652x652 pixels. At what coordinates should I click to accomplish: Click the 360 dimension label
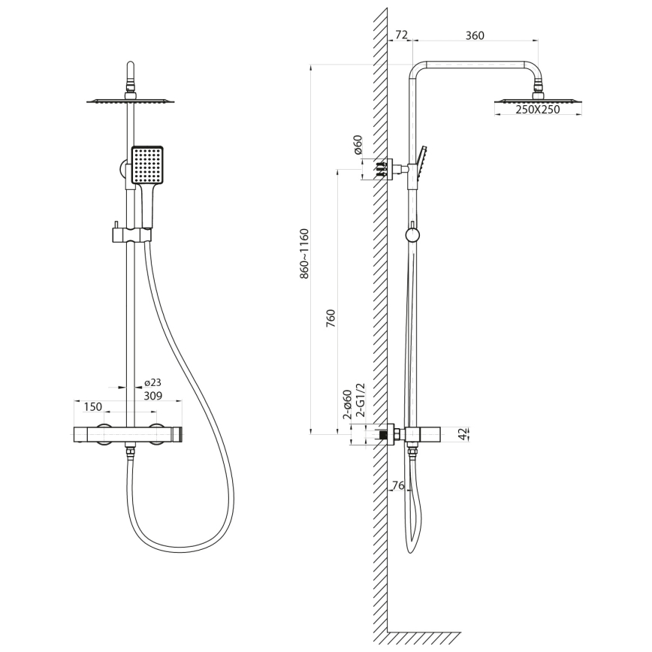click(475, 35)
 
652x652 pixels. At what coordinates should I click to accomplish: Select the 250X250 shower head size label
click(538, 110)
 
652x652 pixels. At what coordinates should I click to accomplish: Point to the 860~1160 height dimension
click(304, 253)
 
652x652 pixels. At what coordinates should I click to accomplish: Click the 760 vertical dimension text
click(331, 318)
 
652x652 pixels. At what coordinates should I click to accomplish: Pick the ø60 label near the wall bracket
click(358, 145)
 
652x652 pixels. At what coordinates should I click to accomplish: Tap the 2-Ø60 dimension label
click(347, 404)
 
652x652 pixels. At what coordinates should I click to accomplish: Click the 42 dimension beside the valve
click(464, 433)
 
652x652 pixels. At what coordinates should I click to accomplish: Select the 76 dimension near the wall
click(397, 485)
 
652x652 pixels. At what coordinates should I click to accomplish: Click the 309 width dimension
click(152, 395)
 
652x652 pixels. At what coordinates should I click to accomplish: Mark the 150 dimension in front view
click(92, 407)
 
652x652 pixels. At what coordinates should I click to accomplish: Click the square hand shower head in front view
click(147, 165)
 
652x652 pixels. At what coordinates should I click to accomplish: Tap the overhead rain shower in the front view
click(131, 101)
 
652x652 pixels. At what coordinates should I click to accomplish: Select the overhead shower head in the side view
click(538, 100)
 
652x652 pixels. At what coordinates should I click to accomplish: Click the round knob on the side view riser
click(412, 235)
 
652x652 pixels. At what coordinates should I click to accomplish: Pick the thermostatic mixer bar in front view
click(128, 434)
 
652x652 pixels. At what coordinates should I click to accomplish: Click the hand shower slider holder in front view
click(131, 236)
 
